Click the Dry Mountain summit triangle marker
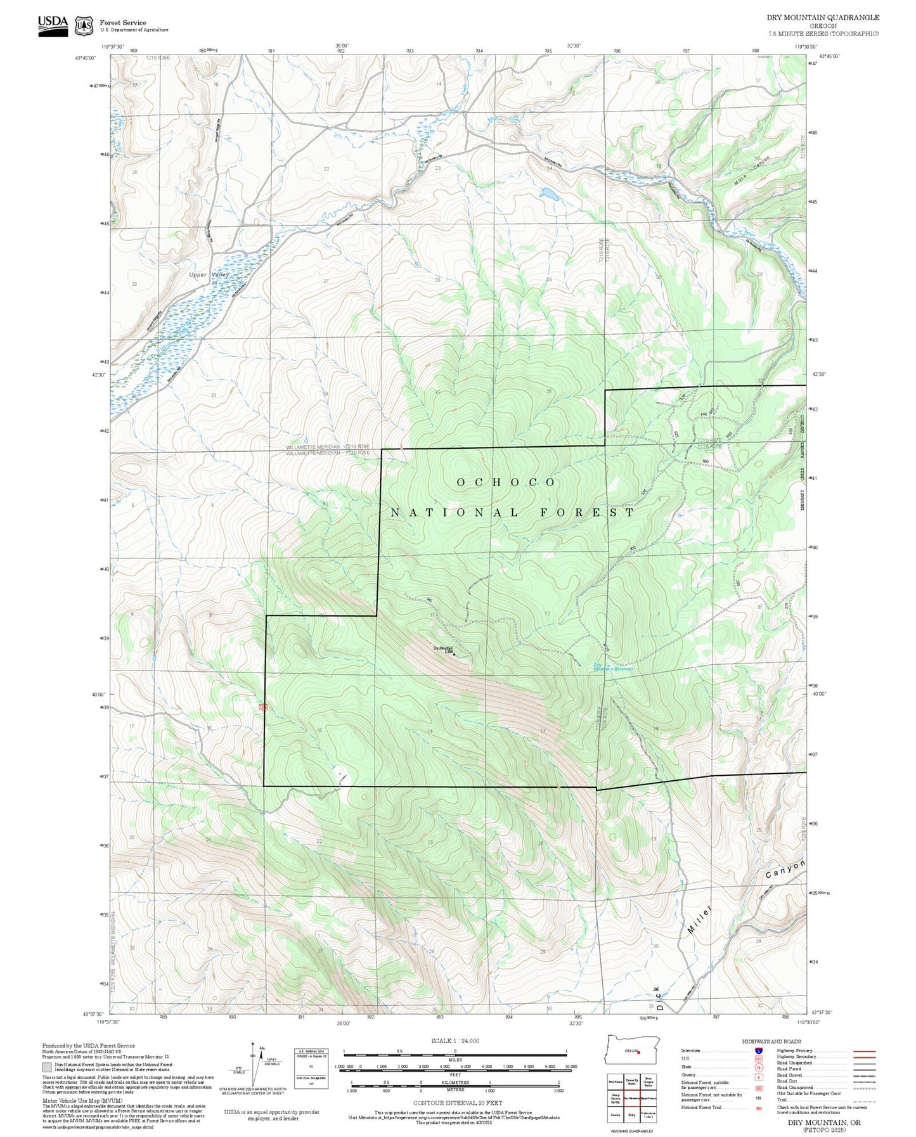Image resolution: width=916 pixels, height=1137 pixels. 454,654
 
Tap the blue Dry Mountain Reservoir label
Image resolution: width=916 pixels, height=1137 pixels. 613,667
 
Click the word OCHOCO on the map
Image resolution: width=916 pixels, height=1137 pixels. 506,482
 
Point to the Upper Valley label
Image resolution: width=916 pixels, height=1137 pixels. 209,274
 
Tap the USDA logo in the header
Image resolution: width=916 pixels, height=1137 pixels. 53,25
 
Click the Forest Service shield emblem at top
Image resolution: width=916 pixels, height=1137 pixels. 83,25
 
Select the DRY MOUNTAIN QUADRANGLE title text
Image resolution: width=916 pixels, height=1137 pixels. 823,18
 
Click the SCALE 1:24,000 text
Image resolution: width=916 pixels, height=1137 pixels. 455,1041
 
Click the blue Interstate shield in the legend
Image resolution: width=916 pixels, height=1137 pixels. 758,1050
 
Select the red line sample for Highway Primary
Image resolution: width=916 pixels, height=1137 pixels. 865,1051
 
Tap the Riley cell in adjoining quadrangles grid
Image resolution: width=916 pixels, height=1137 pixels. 631,1114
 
